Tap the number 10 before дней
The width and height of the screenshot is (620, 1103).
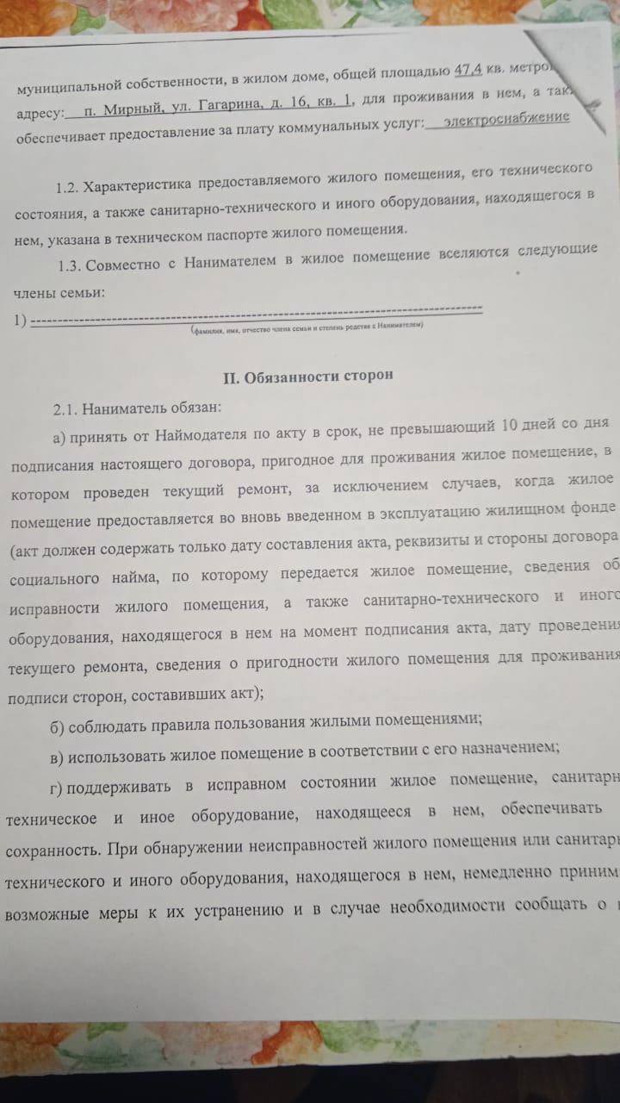(510, 425)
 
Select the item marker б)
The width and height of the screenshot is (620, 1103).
(57, 723)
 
